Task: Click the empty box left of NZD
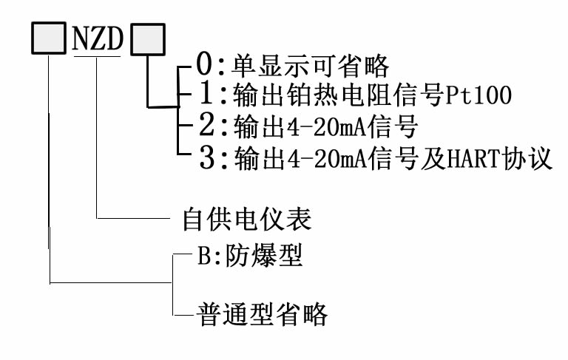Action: (49, 38)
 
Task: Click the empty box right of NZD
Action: (148, 39)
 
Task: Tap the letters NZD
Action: (98, 38)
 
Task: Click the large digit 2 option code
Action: (207, 125)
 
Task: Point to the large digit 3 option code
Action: (208, 157)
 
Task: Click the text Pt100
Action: (478, 95)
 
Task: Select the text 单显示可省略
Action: (311, 67)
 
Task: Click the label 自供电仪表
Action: (247, 219)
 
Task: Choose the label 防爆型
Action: (264, 256)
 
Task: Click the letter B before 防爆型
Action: (203, 256)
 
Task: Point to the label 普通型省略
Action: (263, 314)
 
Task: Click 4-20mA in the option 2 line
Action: (327, 127)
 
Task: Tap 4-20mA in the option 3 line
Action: (327, 160)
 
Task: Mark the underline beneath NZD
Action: (97, 56)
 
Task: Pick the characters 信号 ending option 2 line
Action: (393, 126)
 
